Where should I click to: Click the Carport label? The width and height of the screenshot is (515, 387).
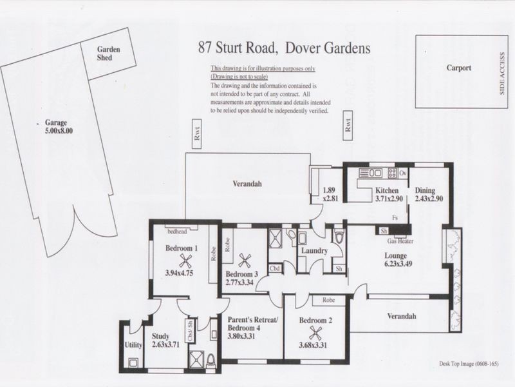[459, 67]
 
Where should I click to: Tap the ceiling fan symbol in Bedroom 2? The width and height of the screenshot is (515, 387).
[315, 333]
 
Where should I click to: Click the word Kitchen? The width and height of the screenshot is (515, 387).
[389, 191]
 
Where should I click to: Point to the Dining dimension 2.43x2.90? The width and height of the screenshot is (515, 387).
[429, 200]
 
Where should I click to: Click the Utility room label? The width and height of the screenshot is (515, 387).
[133, 345]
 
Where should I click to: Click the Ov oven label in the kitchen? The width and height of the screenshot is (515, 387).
[402, 174]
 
